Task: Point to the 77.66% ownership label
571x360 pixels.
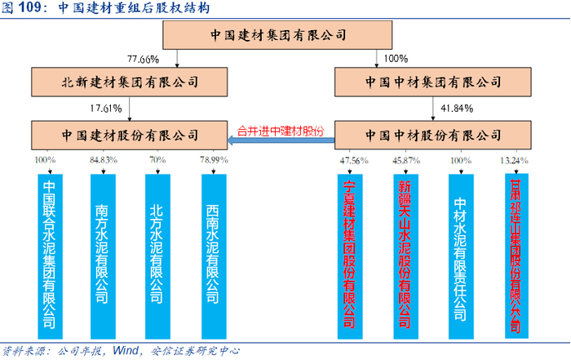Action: tap(143, 59)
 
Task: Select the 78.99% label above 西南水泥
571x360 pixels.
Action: tap(212, 161)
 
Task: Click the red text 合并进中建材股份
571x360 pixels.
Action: tap(280, 130)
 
